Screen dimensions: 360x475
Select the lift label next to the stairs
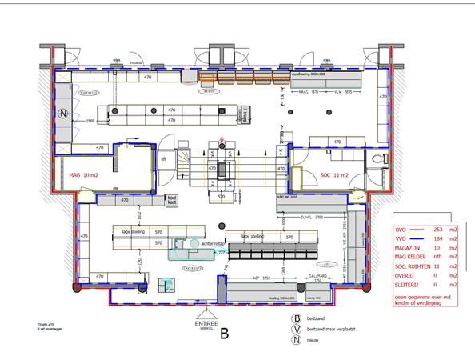164,159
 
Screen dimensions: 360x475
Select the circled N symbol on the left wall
62,112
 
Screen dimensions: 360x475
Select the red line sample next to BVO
415,230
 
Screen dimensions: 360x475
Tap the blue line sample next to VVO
415,238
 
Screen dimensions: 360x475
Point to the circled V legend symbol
296,328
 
